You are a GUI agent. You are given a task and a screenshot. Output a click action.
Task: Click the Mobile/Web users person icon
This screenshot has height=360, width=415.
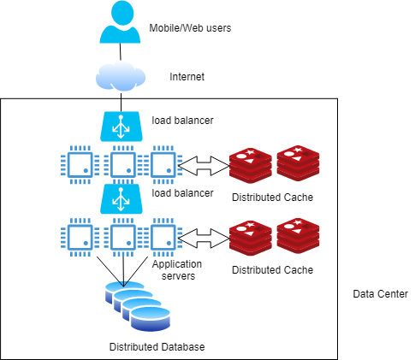point(119,23)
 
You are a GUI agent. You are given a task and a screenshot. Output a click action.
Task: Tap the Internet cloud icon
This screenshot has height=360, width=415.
point(119,77)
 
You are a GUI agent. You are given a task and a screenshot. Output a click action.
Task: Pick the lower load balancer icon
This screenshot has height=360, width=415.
point(120,199)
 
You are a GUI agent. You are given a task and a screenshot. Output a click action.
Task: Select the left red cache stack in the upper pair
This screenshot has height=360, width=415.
point(250,164)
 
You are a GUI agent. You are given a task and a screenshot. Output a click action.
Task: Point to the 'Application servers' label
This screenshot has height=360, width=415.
point(176,270)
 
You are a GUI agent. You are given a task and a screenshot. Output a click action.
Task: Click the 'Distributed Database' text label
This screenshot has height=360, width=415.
point(157,347)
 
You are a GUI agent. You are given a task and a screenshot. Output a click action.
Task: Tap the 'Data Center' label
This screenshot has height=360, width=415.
point(380,294)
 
